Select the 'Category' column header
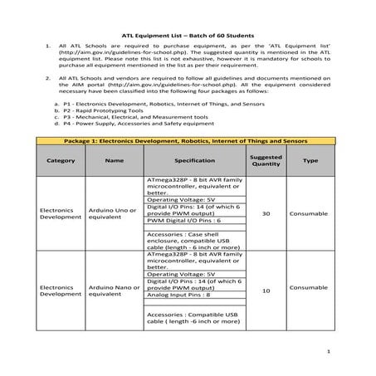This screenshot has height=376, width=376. click(61, 160)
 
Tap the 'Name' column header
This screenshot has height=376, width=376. click(115, 160)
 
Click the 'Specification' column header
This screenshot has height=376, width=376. click(195, 160)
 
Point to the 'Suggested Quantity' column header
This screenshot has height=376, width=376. click(266, 160)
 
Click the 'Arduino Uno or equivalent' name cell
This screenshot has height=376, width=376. click(112, 214)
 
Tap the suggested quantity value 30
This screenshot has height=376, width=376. click(266, 214)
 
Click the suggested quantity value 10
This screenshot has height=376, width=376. click(266, 291)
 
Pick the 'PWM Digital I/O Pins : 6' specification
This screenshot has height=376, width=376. click(183, 222)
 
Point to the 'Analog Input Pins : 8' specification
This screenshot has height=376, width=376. click(178, 295)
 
